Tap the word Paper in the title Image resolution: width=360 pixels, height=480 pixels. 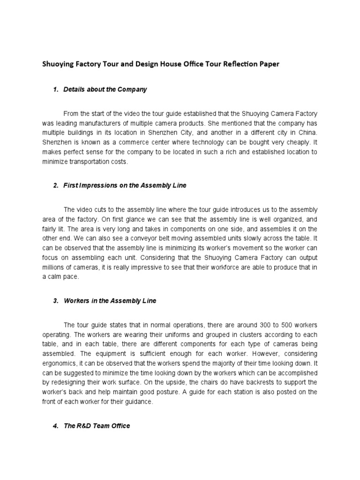[269, 64]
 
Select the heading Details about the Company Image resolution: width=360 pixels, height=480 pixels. [105, 89]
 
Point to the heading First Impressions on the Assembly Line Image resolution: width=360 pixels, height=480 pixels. [125, 185]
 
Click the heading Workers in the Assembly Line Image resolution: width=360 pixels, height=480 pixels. [110, 301]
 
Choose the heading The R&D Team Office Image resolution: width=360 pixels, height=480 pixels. [97, 426]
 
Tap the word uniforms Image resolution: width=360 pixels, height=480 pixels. [167, 334]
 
